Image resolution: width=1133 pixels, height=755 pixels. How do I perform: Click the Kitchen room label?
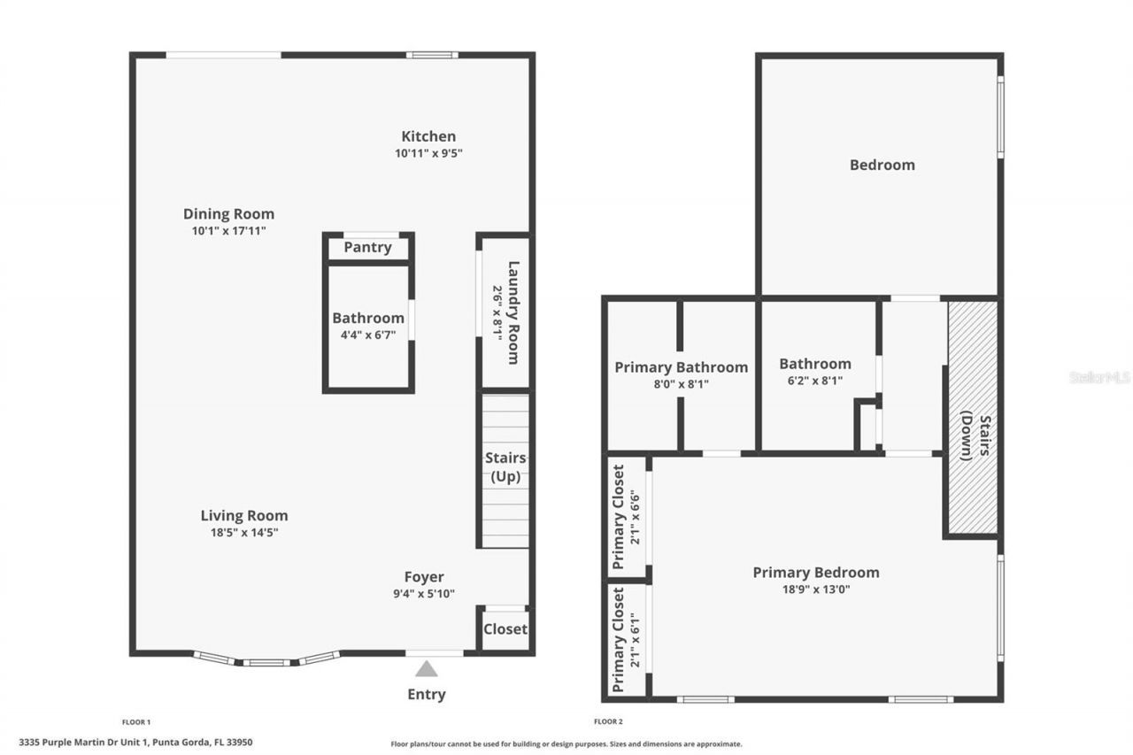pos(428,136)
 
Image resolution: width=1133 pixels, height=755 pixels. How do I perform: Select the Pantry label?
pos(367,247)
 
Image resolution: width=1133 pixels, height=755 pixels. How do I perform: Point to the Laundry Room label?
pos(512,312)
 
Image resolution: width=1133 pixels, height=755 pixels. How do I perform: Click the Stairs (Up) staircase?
pos(505,469)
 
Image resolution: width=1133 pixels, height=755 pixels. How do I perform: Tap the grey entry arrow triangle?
pos(427,669)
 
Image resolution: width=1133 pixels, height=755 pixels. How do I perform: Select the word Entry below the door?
pos(427,695)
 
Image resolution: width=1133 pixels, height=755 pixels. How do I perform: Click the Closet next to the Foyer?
pos(505,629)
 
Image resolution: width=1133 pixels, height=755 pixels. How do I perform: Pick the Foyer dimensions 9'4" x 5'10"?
pos(424,594)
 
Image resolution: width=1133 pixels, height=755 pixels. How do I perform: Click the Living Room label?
pos(243,515)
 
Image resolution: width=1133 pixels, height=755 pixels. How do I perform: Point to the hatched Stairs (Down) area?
pos(973,416)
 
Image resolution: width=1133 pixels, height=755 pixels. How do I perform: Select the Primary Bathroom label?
pos(681,366)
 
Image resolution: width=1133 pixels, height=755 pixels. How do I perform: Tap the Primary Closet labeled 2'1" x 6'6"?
pos(627,516)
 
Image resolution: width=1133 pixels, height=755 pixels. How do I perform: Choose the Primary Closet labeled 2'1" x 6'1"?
pos(627,640)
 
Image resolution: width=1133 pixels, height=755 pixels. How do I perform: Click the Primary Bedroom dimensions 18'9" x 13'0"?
pos(814,589)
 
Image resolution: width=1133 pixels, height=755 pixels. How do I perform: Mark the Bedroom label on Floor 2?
pos(882,165)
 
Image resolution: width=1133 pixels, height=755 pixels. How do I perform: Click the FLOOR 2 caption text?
pos(608,722)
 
